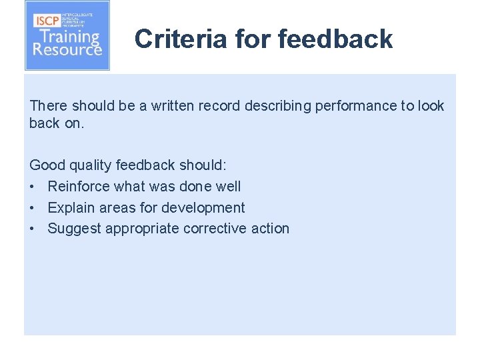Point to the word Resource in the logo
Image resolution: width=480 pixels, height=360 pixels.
(x=67, y=51)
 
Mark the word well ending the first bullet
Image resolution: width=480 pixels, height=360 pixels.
(x=228, y=187)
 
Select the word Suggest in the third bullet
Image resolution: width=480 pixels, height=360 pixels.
(x=73, y=229)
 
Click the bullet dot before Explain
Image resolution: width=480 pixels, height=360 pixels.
(x=33, y=208)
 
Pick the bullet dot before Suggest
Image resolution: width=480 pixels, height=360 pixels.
(x=33, y=229)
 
